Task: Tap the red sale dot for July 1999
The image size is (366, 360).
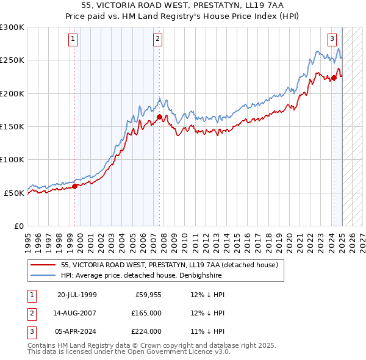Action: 75,187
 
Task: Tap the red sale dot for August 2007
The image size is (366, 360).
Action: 159,117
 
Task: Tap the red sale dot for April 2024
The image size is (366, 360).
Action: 334,77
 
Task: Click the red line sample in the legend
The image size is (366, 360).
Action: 43,265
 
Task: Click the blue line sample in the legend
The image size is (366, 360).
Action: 43,275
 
